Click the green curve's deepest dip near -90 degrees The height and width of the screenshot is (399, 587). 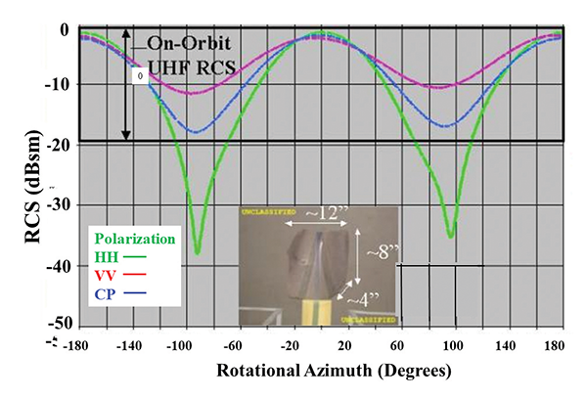coord(197,252)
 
